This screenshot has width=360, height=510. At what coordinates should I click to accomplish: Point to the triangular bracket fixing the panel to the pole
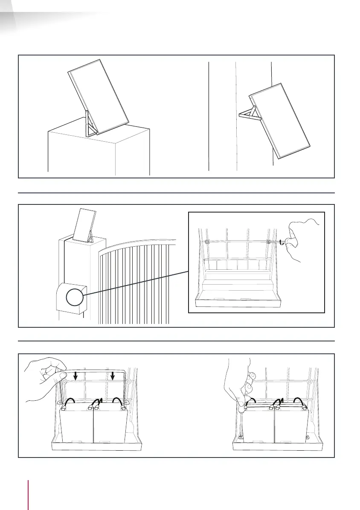pos(249,114)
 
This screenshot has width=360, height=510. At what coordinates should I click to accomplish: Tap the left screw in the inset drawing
pos(207,242)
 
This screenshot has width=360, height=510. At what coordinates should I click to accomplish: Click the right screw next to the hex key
pos(268,242)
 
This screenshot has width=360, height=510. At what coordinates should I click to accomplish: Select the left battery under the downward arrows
pos(76,424)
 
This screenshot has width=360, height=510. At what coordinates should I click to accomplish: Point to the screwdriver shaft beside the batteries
pos(241,420)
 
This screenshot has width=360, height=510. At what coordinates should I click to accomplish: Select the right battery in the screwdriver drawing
pos(291,424)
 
